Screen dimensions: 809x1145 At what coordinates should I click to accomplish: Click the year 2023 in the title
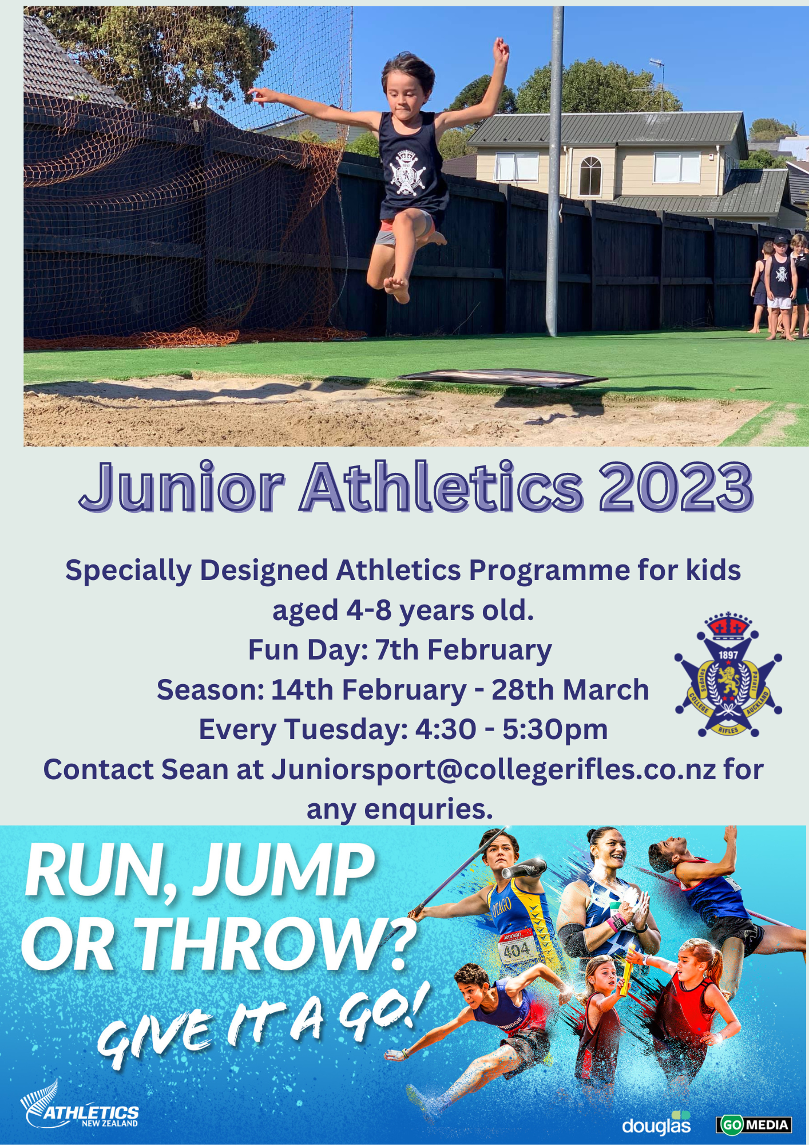tap(676, 487)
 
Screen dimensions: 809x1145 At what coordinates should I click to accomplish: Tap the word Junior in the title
tap(182, 487)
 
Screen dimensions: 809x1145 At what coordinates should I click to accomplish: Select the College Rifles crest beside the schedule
tap(728, 674)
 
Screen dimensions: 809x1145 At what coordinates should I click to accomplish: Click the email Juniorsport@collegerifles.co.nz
tap(494, 769)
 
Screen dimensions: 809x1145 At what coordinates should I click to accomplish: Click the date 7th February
tap(463, 650)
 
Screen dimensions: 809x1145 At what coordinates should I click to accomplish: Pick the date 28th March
tap(570, 690)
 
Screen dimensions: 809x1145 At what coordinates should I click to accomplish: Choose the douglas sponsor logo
tap(657, 1124)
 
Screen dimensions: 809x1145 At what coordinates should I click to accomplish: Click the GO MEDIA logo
tap(754, 1124)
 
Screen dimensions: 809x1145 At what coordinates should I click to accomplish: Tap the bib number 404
tap(517, 951)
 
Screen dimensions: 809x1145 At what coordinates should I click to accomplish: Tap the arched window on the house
tap(590, 176)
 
